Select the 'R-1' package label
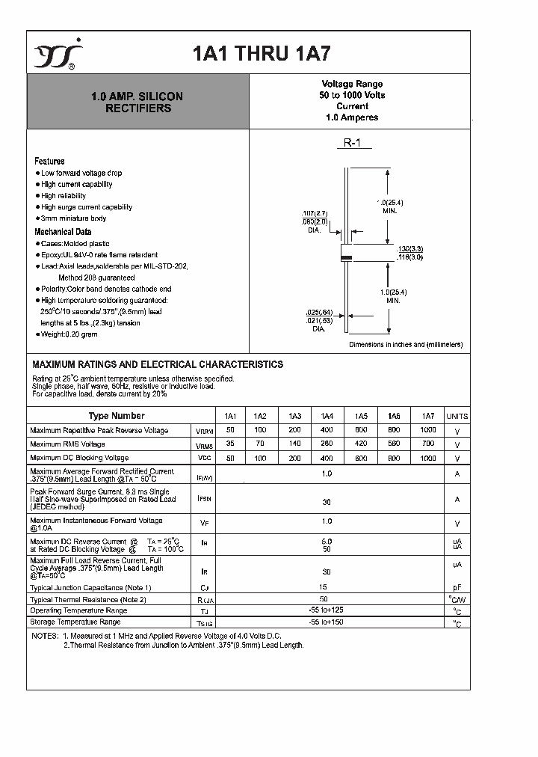352,143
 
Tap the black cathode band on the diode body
346,258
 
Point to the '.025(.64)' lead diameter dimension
318,312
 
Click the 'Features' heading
49,161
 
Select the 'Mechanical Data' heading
63,232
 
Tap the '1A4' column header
327,416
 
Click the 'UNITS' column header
457,416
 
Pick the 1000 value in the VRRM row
427,430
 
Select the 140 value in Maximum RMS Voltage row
294,444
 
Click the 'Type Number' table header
116,416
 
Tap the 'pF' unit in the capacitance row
457,588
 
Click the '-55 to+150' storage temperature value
327,622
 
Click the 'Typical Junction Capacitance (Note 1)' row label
90,588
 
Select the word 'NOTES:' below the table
45,635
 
